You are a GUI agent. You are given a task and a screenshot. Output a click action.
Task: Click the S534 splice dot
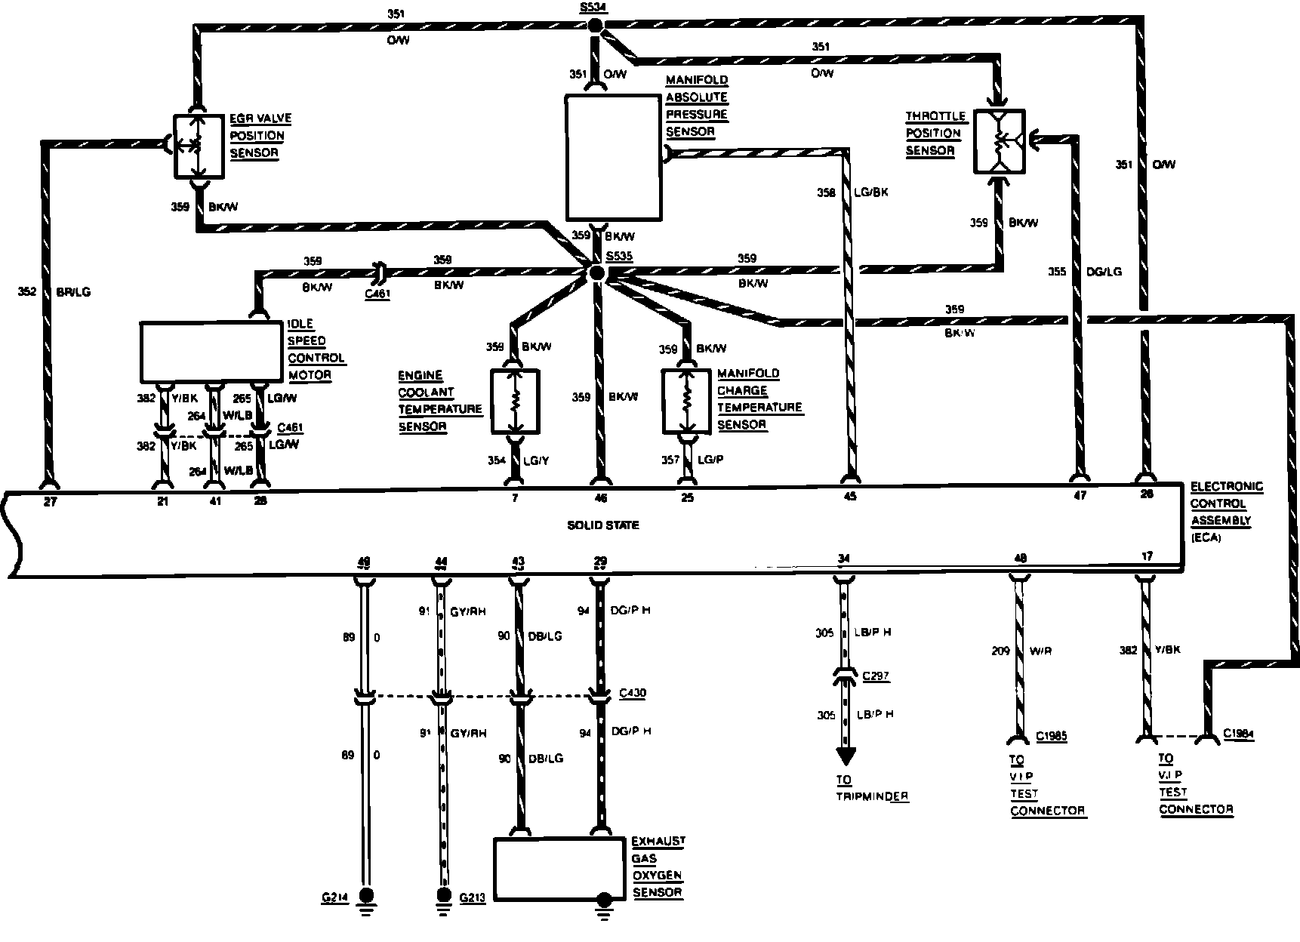(596, 26)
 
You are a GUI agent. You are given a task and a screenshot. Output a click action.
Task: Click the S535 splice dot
(596, 273)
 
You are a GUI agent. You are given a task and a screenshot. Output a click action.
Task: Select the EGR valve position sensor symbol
(199, 146)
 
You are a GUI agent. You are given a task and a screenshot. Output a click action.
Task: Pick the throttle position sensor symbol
(999, 141)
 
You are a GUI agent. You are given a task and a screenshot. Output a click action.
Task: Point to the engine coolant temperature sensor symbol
(516, 401)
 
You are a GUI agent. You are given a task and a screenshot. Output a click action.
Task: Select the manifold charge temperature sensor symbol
(687, 401)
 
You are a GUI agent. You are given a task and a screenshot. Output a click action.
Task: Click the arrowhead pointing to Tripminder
(845, 756)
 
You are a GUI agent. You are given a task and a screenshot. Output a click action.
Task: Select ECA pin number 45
(851, 497)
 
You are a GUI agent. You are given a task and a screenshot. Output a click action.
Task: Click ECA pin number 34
(844, 559)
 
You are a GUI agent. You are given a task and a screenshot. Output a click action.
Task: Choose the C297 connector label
(876, 677)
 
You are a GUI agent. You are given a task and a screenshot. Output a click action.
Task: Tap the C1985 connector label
(1052, 736)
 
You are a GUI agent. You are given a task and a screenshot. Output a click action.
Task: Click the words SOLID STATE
(603, 525)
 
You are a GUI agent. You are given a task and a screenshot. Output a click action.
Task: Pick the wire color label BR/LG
(74, 292)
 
